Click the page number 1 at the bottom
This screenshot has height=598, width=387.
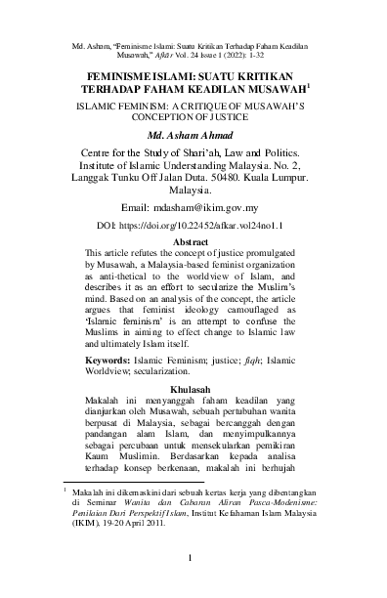pos(193,557)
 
